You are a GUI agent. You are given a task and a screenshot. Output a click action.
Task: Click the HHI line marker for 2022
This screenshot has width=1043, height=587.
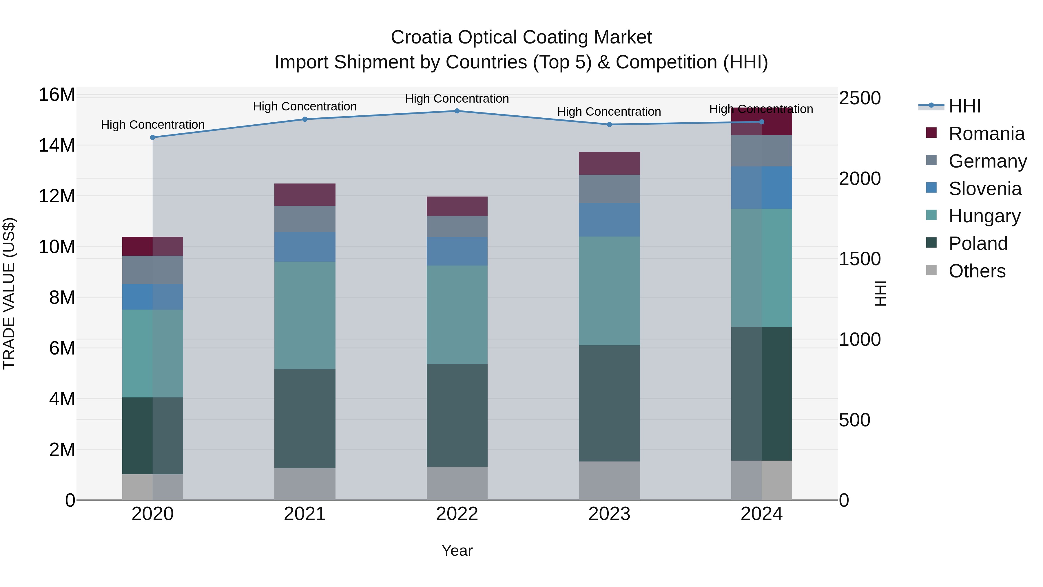(457, 111)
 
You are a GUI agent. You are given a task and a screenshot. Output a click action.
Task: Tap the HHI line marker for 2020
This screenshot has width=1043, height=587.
(153, 138)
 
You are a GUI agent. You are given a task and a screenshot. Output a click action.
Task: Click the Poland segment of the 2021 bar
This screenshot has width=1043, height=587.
(305, 419)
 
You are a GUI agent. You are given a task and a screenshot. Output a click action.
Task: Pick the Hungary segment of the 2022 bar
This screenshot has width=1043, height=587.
(457, 315)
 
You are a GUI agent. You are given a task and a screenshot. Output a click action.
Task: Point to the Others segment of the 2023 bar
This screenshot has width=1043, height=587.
(609, 480)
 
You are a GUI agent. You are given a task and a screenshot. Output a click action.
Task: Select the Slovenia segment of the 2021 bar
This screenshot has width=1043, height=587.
(305, 247)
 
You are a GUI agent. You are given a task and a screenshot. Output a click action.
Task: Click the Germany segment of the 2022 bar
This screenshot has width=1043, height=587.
(457, 226)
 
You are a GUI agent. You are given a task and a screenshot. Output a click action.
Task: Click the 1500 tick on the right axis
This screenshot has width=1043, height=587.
(859, 259)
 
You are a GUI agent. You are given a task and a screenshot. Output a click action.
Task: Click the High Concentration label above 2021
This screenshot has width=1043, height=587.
(305, 107)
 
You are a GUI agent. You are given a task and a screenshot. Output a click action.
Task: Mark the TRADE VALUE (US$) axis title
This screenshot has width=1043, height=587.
(9, 293)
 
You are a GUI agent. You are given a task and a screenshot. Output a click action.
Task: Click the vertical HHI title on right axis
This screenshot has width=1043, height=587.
(880, 293)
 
